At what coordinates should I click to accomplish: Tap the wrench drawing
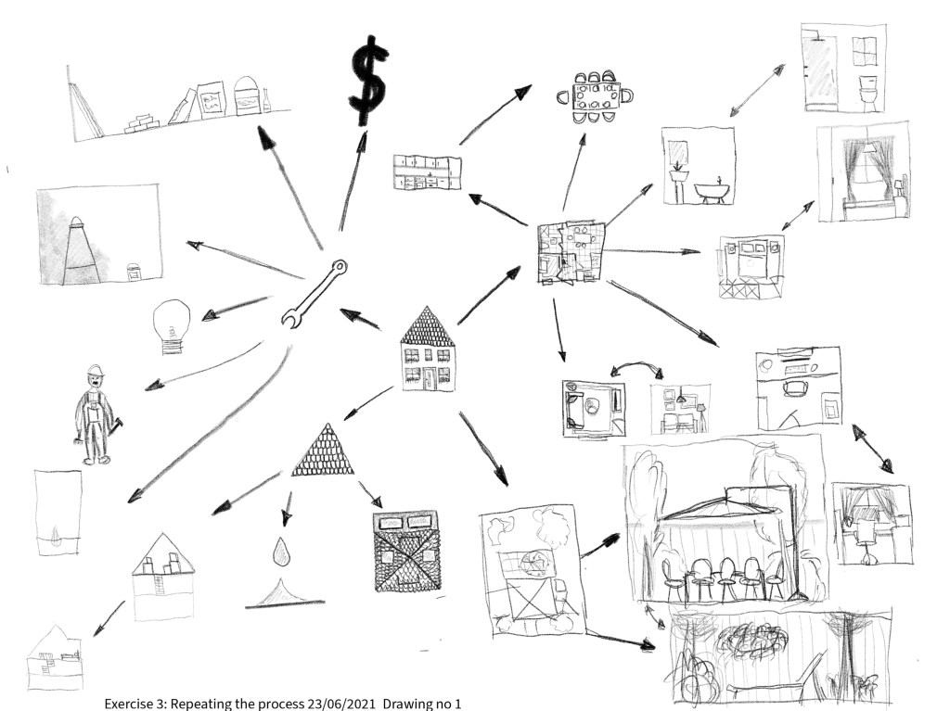tap(314, 293)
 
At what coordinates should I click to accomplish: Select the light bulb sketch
tap(173, 326)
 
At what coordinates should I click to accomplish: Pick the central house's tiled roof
tap(427, 327)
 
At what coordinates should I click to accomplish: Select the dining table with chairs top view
tap(594, 95)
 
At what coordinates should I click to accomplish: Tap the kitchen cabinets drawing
tap(428, 172)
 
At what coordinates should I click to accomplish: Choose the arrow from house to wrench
tap(361, 319)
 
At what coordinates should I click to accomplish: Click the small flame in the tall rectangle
tap(58, 536)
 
